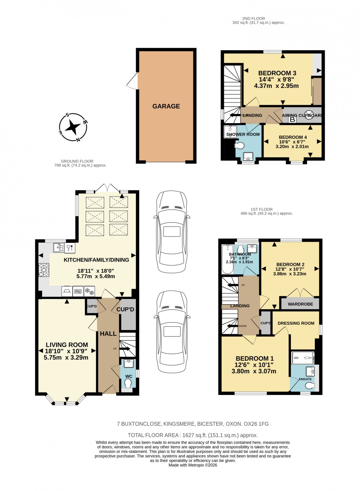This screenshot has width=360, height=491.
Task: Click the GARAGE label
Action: pyautogui.click(x=166, y=106)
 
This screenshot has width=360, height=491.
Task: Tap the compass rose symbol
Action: pyautogui.click(x=73, y=127)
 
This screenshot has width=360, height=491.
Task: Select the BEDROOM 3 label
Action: pyautogui.click(x=277, y=73)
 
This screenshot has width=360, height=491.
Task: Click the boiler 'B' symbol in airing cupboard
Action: pyautogui.click(x=292, y=120)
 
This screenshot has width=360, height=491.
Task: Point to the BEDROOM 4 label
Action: pyautogui.click(x=293, y=137)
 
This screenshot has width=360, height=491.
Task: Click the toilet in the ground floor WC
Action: pyautogui.click(x=128, y=384)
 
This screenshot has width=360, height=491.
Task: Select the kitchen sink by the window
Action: pyautogui.click(x=58, y=247)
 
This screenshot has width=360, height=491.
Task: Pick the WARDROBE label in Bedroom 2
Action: pyautogui.click(x=300, y=304)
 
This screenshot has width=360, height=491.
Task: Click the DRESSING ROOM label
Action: pyautogui.click(x=296, y=323)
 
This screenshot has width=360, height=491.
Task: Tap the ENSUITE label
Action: pyautogui.click(x=305, y=379)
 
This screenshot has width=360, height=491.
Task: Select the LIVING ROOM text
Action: pyautogui.click(x=67, y=345)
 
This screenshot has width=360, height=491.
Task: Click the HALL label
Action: pyautogui.click(x=108, y=334)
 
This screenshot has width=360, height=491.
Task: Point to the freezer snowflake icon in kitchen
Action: pyautogui.click(x=90, y=292)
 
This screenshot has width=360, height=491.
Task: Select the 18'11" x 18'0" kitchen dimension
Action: pyautogui.click(x=96, y=271)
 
